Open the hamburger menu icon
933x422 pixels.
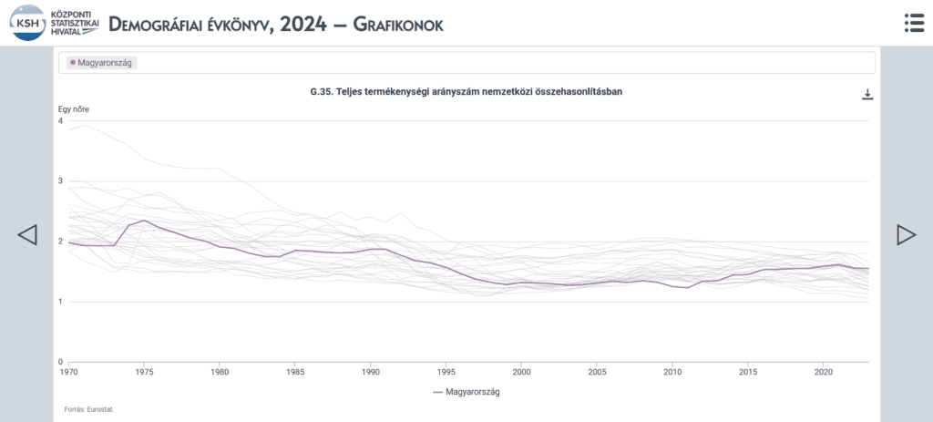[x=914, y=23]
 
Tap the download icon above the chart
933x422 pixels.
[x=867, y=94]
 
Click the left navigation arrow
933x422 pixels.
[x=27, y=234]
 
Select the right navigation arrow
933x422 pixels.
[x=907, y=234]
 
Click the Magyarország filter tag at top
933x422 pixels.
[x=100, y=63]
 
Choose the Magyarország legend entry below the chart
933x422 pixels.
[x=466, y=392]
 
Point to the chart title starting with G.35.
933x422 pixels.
[x=466, y=92]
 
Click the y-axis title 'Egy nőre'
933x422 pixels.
[x=73, y=109]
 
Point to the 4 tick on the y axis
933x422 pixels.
[x=60, y=121]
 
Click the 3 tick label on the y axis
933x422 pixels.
[x=60, y=181]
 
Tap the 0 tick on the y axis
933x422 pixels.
[x=60, y=362]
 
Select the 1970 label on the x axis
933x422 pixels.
[x=68, y=371]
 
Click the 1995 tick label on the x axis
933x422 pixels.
[x=446, y=371]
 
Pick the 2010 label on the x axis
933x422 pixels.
[x=672, y=371]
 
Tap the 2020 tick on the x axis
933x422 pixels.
[x=823, y=371]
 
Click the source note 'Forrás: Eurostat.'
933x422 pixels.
[x=89, y=409]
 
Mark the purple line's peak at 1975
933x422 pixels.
[x=144, y=221]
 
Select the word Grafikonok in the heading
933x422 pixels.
[x=398, y=24]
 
